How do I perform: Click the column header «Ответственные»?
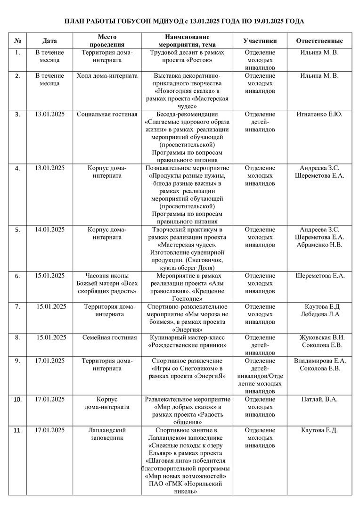click(319, 41)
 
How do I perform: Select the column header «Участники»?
click(260, 41)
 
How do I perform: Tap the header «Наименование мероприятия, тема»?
click(187, 41)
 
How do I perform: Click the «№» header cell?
click(18, 41)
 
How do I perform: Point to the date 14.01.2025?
click(50, 230)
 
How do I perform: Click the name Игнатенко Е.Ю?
click(319, 114)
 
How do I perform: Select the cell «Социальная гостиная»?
click(107, 114)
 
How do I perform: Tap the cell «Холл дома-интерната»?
click(107, 75)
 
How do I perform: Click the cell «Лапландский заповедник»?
click(107, 434)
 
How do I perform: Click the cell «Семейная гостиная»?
click(109, 337)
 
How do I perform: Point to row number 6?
click(18, 276)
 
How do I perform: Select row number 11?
click(18, 430)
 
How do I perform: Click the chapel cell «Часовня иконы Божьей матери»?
click(107, 283)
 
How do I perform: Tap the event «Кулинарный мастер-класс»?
click(187, 337)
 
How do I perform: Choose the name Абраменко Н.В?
click(319, 245)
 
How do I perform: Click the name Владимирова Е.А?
click(320, 361)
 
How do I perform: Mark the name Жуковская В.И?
click(322, 337)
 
